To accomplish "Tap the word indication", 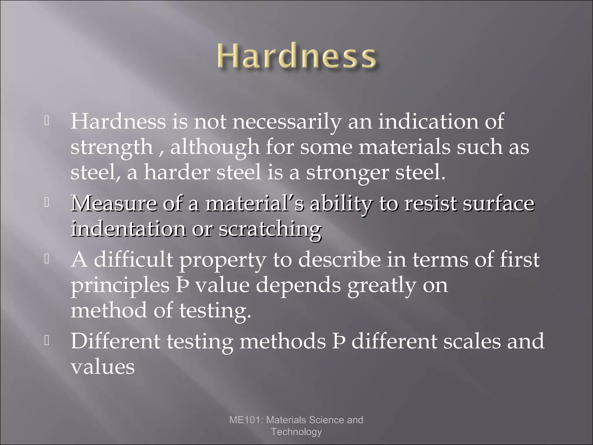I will pyautogui.click(x=428, y=121).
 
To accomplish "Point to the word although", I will pyautogui.click(x=215, y=147).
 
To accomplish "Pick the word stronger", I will pyautogui.click(x=347, y=173).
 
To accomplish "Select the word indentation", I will pyautogui.click(x=129, y=229).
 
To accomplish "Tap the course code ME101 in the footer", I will pyautogui.click(x=246, y=420).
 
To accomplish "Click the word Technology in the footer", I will pyautogui.click(x=296, y=432).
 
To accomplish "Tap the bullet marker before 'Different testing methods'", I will pyautogui.click(x=46, y=341).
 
